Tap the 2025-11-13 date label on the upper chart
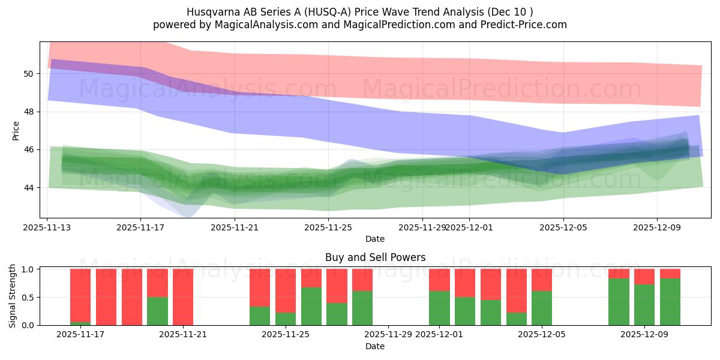pos(47,227)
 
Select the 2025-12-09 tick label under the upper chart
pos(656,227)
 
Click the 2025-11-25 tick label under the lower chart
pos(286,334)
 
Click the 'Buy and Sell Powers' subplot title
pos(375,257)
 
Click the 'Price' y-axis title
pos(16,130)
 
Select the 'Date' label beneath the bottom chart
pos(375,346)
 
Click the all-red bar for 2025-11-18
pos(106,297)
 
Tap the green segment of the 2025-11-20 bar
pos(157,311)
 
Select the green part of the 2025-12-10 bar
pos(670,302)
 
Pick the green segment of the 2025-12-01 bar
pos(439,308)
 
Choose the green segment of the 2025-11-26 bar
pos(311,306)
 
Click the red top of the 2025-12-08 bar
pos(619,274)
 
